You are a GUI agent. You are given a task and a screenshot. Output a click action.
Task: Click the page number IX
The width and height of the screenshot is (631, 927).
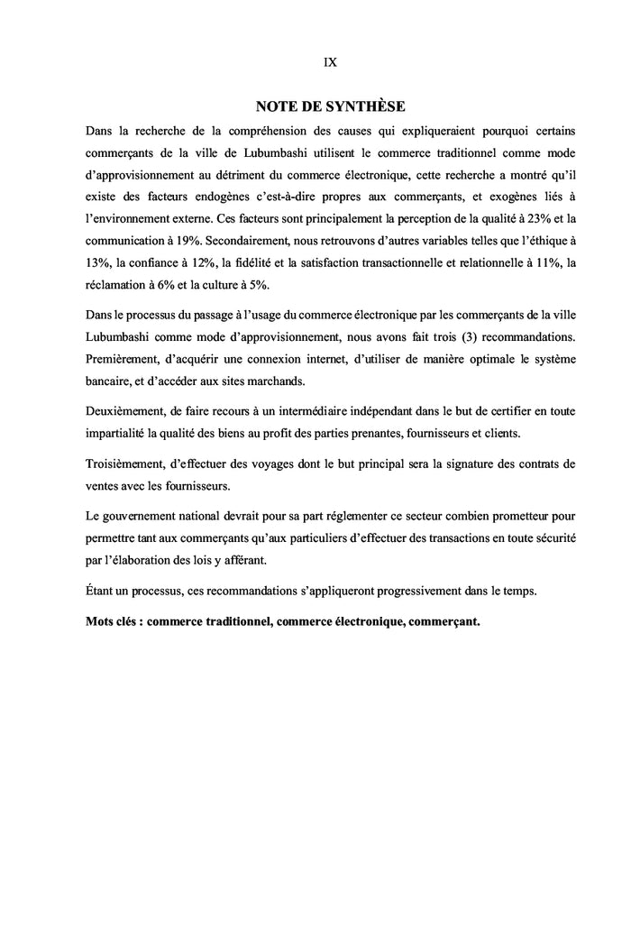coord(330,62)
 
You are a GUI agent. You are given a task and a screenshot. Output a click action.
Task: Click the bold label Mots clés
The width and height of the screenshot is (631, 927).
coord(115,621)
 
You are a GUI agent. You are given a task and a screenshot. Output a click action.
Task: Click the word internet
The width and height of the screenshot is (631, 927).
coord(325,358)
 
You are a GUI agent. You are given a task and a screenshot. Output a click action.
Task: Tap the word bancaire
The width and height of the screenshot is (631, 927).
coord(110,380)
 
